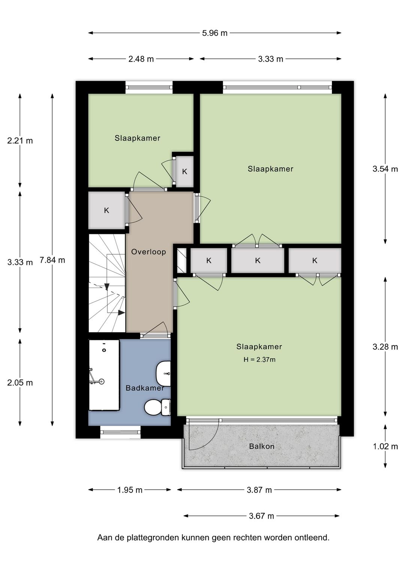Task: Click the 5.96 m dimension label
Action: point(214,33)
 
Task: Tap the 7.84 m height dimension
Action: point(52,260)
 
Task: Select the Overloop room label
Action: point(148,252)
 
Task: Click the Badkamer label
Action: point(145,388)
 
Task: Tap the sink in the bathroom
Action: point(163,374)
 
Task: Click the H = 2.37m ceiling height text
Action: point(259,360)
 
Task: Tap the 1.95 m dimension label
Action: point(129,490)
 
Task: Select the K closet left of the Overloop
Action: point(106,210)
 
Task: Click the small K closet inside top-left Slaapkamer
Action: point(184,172)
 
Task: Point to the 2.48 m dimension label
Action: point(141,59)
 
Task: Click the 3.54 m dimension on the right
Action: point(385,169)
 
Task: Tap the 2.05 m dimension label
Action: point(20,383)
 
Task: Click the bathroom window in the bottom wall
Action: point(120,432)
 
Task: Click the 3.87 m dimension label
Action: point(259,490)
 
